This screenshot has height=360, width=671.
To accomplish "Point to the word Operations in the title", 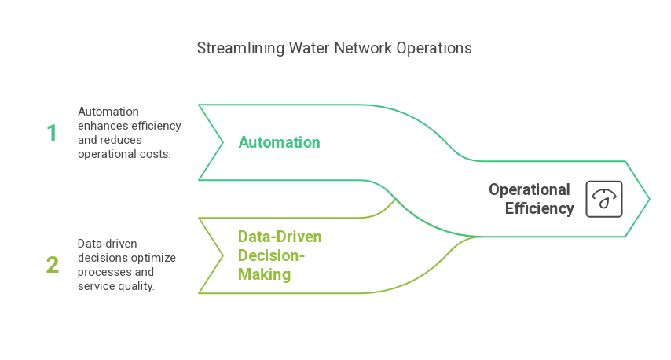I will coord(434,48).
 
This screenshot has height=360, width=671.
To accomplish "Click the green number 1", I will coord(52,133).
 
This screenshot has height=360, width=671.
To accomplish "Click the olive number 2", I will coord(52,265).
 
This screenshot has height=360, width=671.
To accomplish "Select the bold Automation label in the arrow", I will coord(279,142).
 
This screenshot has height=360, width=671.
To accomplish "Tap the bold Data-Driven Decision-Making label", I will coord(280,255).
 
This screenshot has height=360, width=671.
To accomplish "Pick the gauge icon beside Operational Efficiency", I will coord(604,199).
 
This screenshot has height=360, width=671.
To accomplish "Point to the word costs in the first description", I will coord(156,154).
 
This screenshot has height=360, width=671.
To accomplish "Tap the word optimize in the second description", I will coord(154,258).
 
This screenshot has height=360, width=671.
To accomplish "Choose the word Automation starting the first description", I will coord(108,112).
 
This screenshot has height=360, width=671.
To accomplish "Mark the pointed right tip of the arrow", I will coord(648,199).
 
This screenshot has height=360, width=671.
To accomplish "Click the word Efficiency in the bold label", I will coord(540,208).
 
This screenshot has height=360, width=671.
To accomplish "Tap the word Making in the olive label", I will coord(265,274).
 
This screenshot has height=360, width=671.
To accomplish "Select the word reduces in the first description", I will coord(121,140).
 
